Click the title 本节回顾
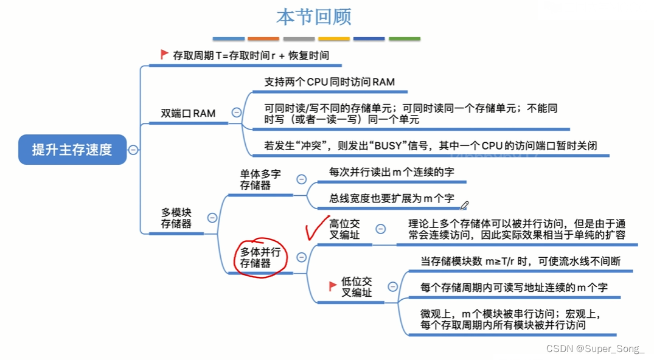[313, 16]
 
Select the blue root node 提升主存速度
[72, 150]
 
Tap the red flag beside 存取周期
[164, 54]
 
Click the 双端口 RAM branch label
[187, 113]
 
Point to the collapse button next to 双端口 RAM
[236, 112]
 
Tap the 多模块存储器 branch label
[176, 218]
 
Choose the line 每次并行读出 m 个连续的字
[392, 172]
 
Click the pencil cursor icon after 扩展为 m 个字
[465, 206]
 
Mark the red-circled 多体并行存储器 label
[260, 257]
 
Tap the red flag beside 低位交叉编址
[333, 285]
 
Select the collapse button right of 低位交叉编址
[393, 286]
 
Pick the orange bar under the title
[263, 39]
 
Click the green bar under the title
[405, 39]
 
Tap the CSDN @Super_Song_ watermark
[595, 348]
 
